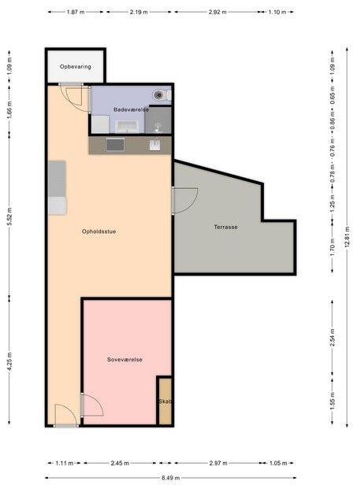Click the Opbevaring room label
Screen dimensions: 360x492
point(76,67)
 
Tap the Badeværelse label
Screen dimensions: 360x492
point(131,109)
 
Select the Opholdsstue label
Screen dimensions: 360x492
point(99,231)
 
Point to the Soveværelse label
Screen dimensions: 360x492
point(124,360)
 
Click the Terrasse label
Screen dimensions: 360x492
point(225,227)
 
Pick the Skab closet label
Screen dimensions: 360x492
point(165,401)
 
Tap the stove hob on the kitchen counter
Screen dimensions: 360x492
point(115,145)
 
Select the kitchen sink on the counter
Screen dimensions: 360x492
point(154,145)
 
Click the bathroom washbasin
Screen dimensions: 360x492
point(127,127)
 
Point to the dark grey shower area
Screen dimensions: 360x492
point(158,120)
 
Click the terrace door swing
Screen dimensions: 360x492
point(185,201)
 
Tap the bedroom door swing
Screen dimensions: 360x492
point(92,405)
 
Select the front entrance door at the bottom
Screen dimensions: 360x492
point(65,416)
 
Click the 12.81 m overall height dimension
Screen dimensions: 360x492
point(347,237)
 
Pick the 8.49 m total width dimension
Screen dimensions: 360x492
point(171,478)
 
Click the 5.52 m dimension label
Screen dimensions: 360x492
point(9,216)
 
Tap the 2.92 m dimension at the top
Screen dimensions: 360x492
point(217,13)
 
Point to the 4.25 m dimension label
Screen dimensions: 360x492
point(9,361)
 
